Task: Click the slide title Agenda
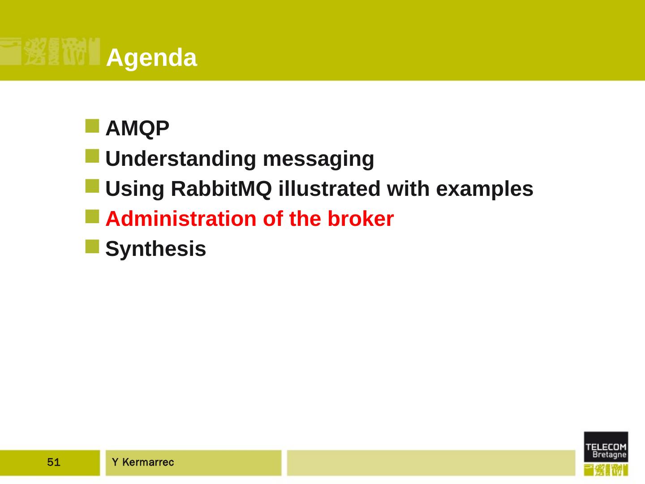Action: click(x=151, y=58)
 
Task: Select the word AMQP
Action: click(x=137, y=129)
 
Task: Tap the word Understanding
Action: click(x=181, y=159)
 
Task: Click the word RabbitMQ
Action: click(x=221, y=189)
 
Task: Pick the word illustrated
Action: click(x=329, y=189)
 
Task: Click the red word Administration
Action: click(x=181, y=219)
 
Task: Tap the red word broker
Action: click(x=361, y=219)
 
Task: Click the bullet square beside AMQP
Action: click(x=92, y=126)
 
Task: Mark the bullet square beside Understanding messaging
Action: click(x=92, y=156)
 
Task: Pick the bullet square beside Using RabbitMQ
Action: click(x=92, y=186)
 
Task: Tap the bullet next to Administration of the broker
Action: click(x=92, y=216)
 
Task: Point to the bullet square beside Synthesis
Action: click(x=92, y=246)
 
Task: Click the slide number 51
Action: click(x=53, y=462)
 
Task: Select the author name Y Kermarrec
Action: click(x=143, y=462)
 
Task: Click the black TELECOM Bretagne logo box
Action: click(x=606, y=447)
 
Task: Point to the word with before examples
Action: click(x=408, y=189)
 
